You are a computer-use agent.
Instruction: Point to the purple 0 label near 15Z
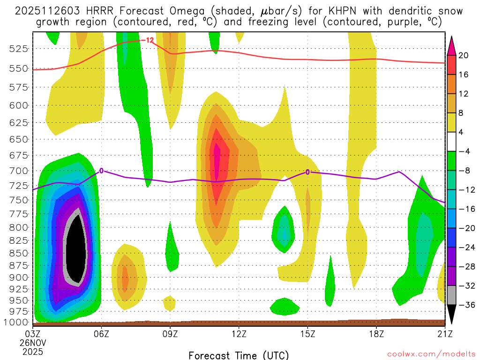[x=307, y=172]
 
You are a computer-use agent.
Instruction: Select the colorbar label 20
[x=464, y=55]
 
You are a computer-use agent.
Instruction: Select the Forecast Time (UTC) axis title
[x=239, y=355]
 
